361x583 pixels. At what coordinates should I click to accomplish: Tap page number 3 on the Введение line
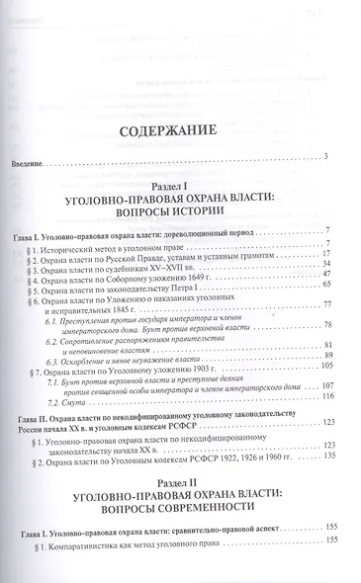324,157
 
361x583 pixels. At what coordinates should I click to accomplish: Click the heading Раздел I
179,185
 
